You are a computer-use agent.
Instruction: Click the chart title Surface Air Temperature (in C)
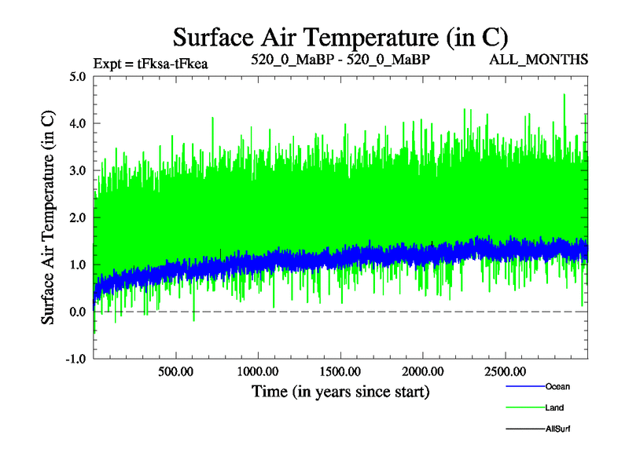pyautogui.click(x=340, y=37)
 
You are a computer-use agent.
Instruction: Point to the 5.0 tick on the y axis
pyautogui.click(x=78, y=77)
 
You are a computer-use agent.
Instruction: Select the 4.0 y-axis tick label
pyautogui.click(x=78, y=124)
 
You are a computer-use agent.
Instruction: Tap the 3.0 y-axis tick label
pyautogui.click(x=78, y=171)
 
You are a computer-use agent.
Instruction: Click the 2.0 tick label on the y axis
pyautogui.click(x=78, y=218)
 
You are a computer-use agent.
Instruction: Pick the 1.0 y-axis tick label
pyautogui.click(x=78, y=265)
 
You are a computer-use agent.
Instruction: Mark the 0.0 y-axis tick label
pyautogui.click(x=78, y=312)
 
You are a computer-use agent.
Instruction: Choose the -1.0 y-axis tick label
pyautogui.click(x=76, y=360)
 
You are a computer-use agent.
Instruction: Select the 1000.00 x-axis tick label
pyautogui.click(x=258, y=371)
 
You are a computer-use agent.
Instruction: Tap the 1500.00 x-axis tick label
pyautogui.click(x=340, y=371)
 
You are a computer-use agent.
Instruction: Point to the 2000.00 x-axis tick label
pyautogui.click(x=422, y=371)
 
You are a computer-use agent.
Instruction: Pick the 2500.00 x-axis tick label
pyautogui.click(x=505, y=371)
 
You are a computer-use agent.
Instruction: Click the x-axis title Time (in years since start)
pyautogui.click(x=340, y=391)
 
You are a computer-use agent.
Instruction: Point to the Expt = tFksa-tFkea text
pyautogui.click(x=150, y=63)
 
